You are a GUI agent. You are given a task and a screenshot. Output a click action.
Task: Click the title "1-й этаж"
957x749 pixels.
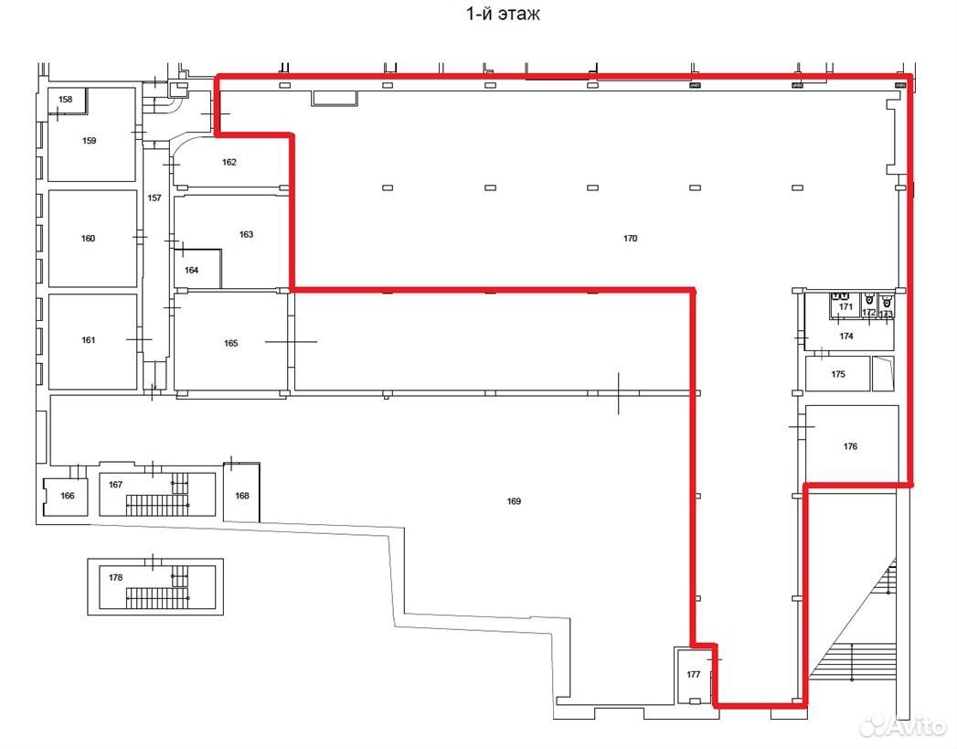(x=503, y=14)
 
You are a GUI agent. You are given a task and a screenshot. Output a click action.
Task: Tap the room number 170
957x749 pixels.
(x=630, y=239)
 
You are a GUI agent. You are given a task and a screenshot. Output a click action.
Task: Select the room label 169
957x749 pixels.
(x=514, y=501)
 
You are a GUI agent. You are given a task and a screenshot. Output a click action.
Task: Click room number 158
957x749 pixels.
(x=65, y=99)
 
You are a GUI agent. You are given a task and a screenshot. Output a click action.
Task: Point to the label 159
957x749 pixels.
(x=89, y=141)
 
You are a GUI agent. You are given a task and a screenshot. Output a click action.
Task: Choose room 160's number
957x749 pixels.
(x=88, y=239)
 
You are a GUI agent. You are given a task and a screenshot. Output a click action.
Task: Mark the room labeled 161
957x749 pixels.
(x=89, y=340)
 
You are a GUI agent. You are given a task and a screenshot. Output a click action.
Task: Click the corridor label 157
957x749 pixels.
(x=154, y=198)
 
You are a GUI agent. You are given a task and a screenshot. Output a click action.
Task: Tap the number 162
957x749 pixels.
(x=229, y=163)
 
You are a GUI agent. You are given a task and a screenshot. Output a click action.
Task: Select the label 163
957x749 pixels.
(x=246, y=234)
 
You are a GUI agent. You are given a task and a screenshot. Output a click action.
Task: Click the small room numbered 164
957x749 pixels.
(x=192, y=270)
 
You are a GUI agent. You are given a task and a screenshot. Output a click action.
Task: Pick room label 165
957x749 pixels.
(x=230, y=343)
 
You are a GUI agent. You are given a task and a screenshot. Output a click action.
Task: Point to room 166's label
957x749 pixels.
(x=67, y=496)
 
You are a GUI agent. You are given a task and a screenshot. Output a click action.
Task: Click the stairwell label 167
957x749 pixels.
(x=115, y=485)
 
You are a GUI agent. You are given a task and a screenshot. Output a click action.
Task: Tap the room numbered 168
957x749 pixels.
(x=242, y=496)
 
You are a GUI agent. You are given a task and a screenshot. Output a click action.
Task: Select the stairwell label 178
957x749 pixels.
(x=115, y=577)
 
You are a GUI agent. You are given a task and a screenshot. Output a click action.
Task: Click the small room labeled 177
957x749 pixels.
(x=694, y=675)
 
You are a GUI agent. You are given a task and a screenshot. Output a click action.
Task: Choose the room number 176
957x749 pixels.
(x=850, y=447)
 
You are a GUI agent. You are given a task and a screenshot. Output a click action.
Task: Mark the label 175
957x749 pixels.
(x=838, y=374)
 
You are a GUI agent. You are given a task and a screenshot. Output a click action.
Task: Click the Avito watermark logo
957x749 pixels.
(x=903, y=727)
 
